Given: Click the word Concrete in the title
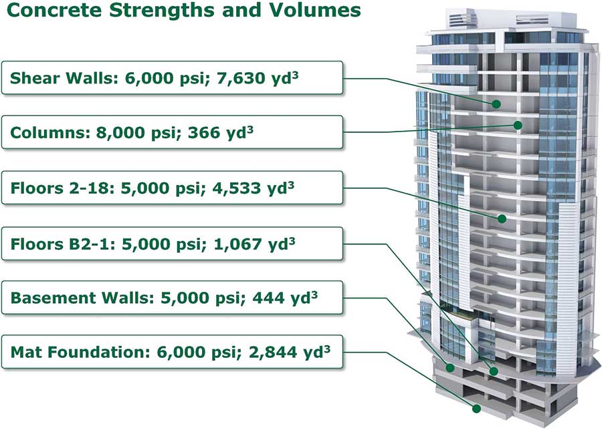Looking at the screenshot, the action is tap(55, 9).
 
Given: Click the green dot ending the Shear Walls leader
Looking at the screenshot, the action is tap(496, 104).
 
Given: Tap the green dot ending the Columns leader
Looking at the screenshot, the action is tap(518, 126).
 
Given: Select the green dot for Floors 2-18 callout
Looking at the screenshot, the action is tap(502, 218).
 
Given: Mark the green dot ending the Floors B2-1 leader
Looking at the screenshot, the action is tap(494, 371).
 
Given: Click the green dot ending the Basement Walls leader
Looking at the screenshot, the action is tap(450, 368).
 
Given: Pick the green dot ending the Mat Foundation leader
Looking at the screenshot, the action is tap(476, 409).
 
